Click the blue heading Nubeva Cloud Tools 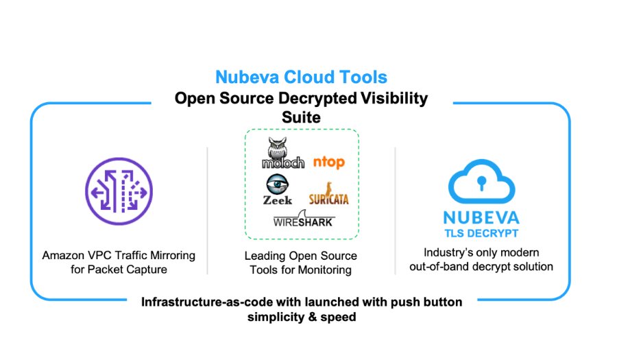301,77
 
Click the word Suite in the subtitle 301,117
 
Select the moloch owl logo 282,154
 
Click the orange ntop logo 328,162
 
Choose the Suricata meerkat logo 328,194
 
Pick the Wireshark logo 303,220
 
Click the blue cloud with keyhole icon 483,180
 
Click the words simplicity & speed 302,317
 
